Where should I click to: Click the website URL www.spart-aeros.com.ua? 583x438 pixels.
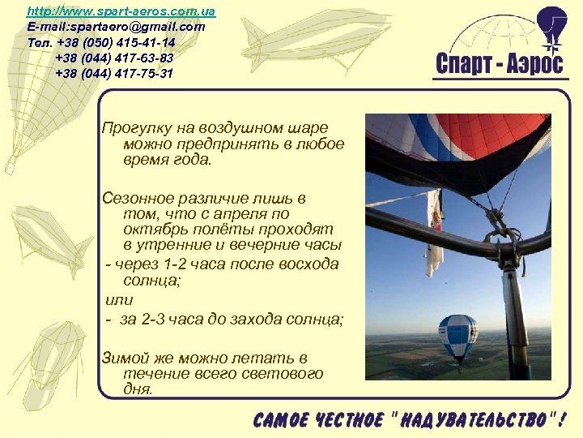[121, 11]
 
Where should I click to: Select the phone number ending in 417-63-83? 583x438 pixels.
[114, 58]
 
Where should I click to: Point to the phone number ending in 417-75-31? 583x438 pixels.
[114, 73]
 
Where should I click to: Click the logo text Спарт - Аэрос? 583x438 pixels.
[499, 64]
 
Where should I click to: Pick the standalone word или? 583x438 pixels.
[119, 300]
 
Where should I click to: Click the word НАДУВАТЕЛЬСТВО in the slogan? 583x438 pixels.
[473, 419]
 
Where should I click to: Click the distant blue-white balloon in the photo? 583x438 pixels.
[458, 337]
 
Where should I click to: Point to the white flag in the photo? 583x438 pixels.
[435, 235]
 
